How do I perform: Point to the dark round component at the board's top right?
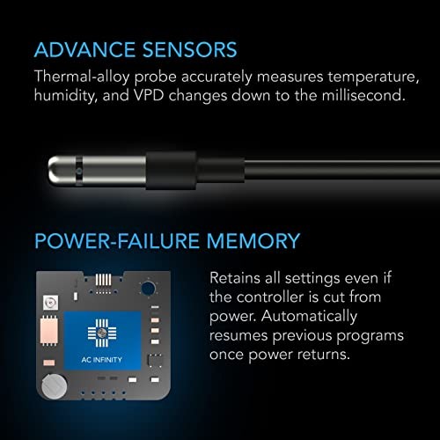[x=148, y=288]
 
